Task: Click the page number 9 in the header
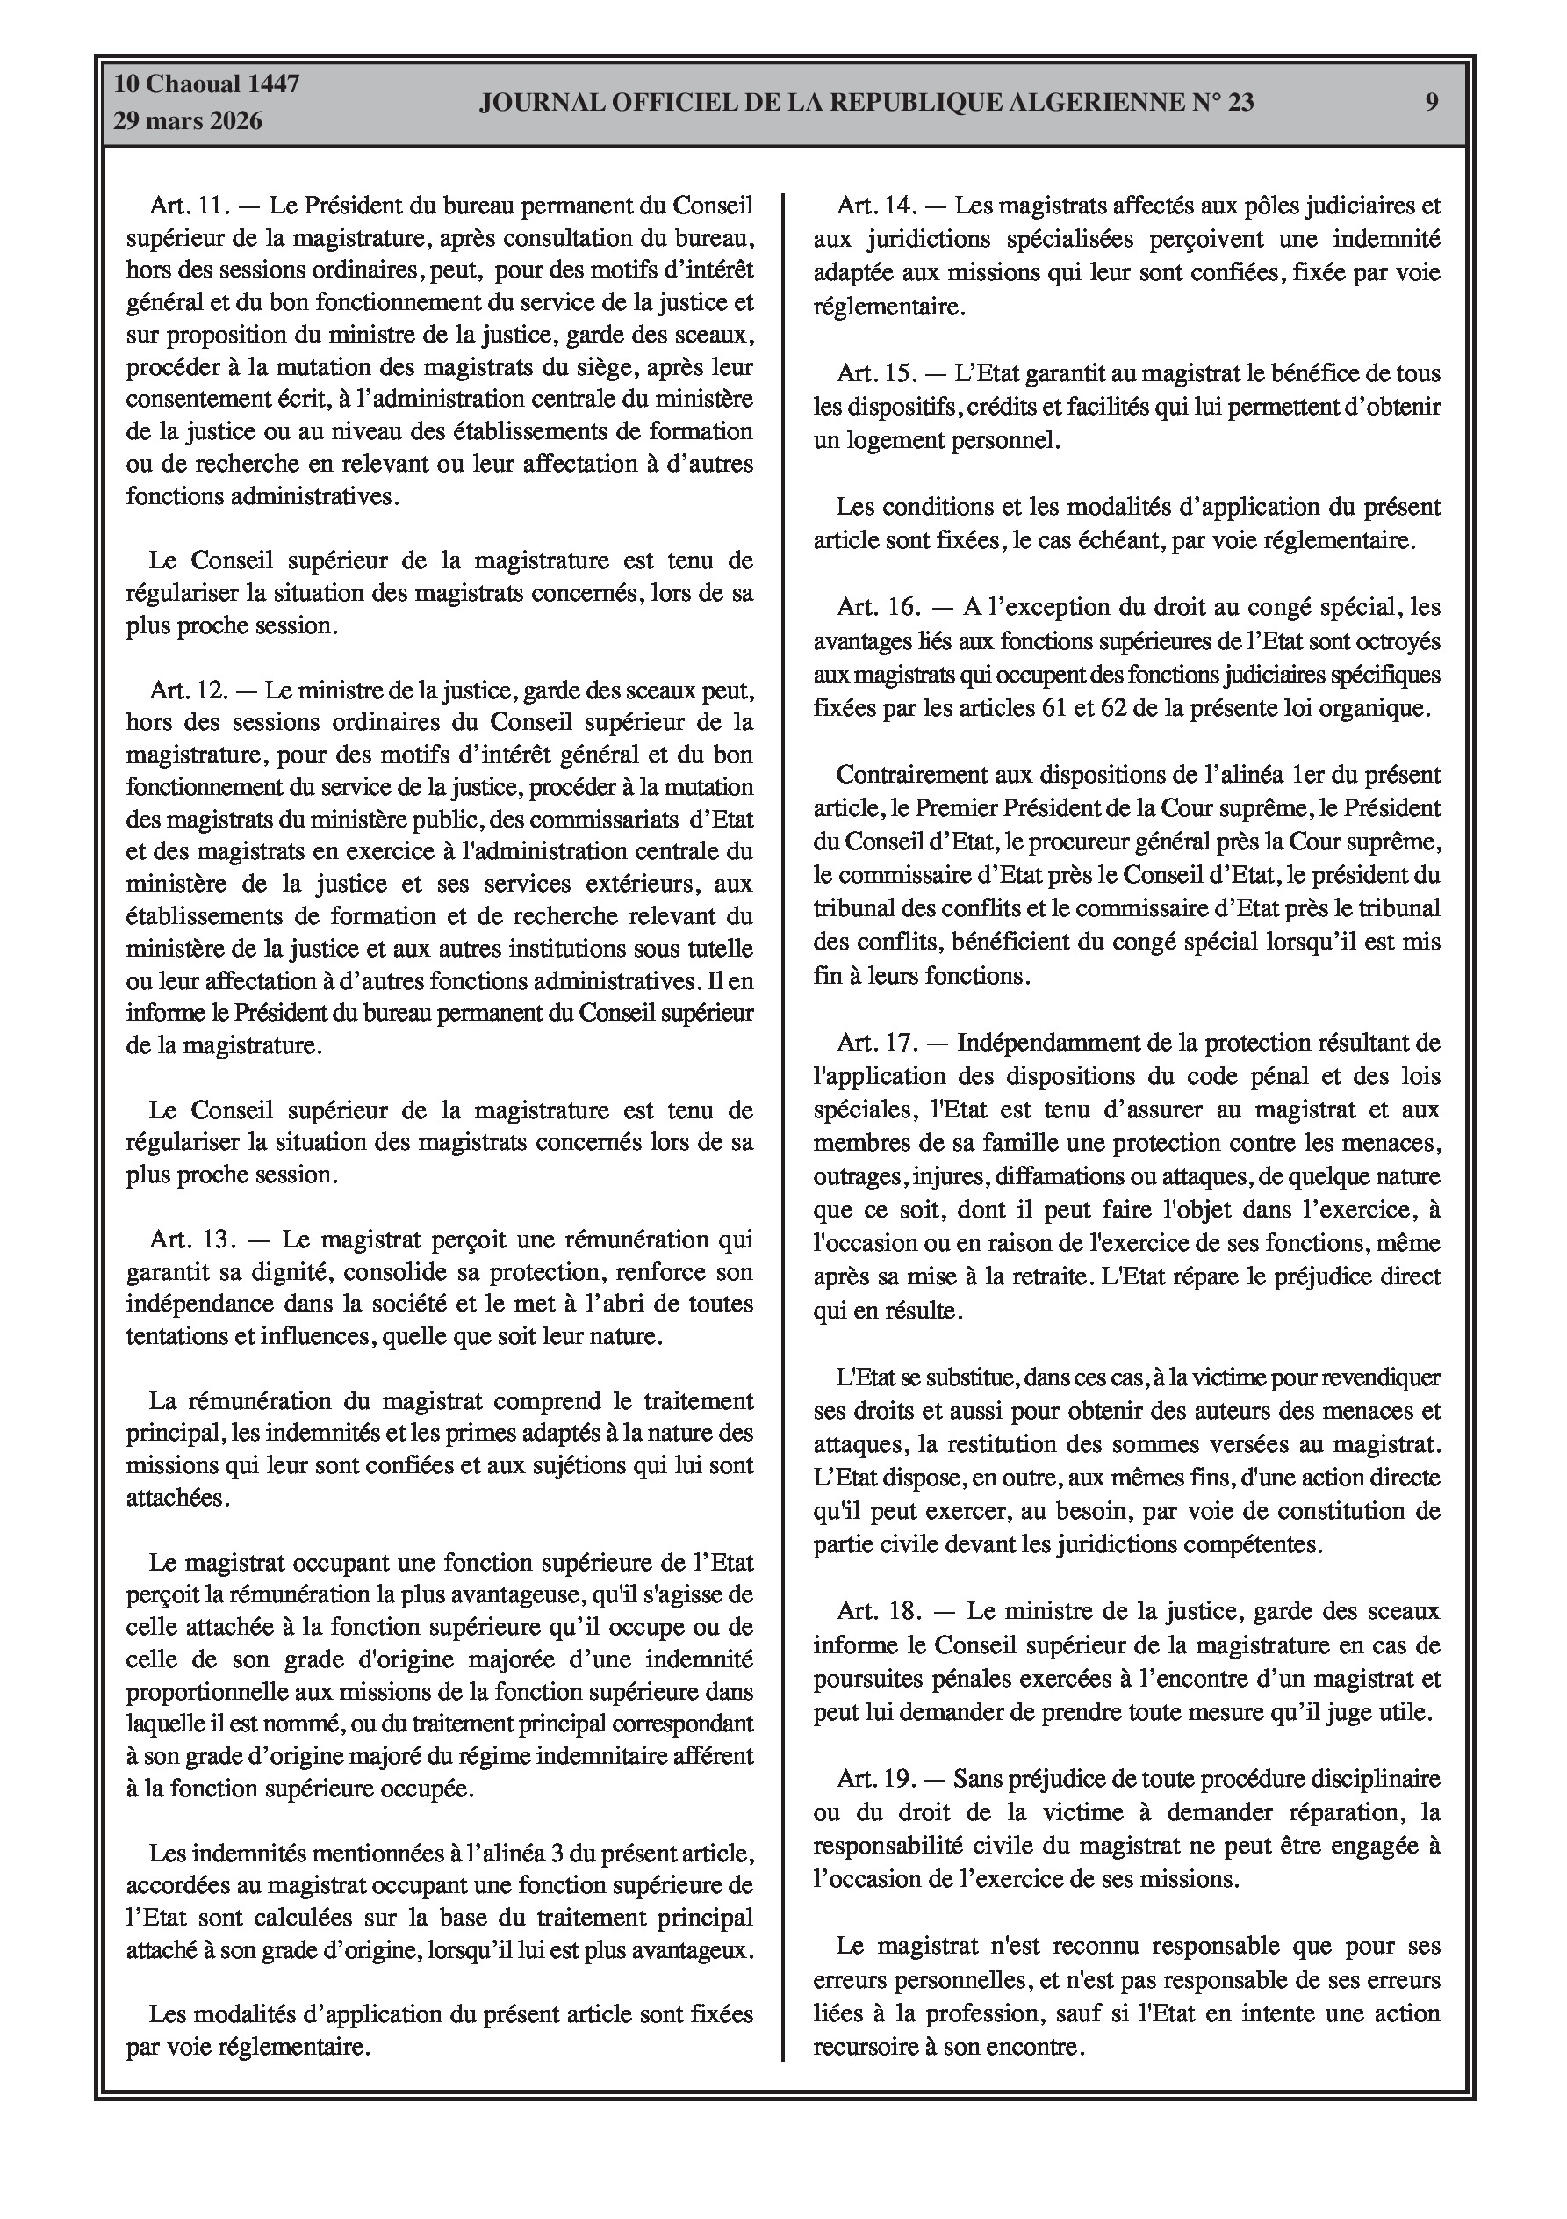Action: pyautogui.click(x=1432, y=103)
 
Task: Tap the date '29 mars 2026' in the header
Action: pyautogui.click(x=189, y=122)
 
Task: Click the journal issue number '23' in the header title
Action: pyautogui.click(x=1240, y=103)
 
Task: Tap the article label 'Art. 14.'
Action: pyautogui.click(x=875, y=206)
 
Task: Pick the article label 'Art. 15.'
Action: pyautogui.click(x=875, y=373)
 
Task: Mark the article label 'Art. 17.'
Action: pyautogui.click(x=876, y=1043)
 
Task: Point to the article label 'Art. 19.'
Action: pyautogui.click(x=875, y=1778)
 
